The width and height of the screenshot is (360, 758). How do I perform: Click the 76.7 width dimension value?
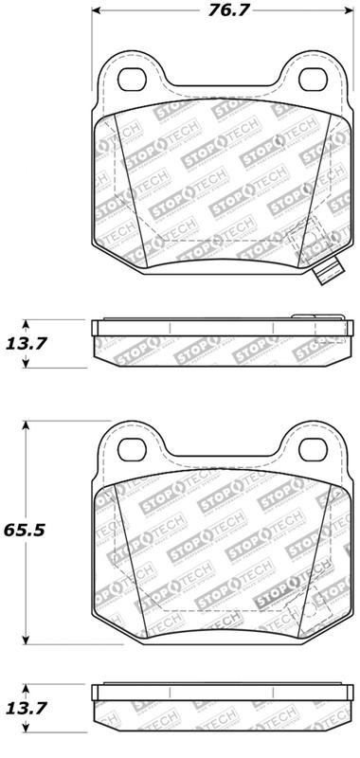pos(224,13)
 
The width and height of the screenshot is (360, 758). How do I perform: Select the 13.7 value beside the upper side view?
pos(27,343)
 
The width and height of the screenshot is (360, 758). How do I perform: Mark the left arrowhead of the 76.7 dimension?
pos(99,13)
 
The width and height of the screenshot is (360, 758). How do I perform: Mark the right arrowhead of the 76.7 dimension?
pos(349,13)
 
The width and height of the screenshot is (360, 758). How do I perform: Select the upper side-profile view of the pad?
pos(224,343)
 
